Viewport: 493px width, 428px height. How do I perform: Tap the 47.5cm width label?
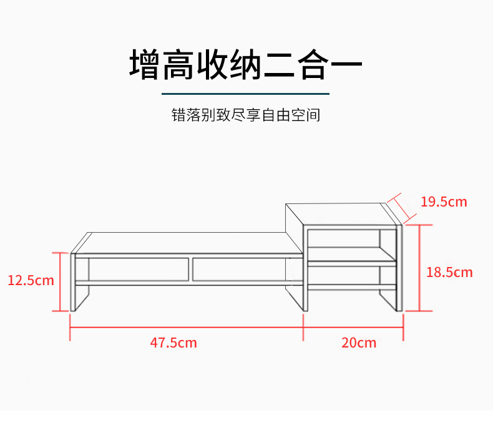pyautogui.click(x=173, y=343)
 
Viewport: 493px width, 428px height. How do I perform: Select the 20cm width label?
pyautogui.click(x=359, y=343)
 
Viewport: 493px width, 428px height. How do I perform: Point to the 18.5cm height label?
pyautogui.click(x=449, y=272)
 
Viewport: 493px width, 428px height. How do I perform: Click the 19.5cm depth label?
pyautogui.click(x=444, y=202)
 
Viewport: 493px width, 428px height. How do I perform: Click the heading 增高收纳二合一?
pyautogui.click(x=246, y=65)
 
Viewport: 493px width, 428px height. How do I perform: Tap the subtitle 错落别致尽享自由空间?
pyautogui.click(x=246, y=115)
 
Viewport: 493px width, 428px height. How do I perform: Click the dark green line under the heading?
pyautogui.click(x=246, y=94)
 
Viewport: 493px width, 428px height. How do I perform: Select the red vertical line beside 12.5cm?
pyautogui.click(x=61, y=281)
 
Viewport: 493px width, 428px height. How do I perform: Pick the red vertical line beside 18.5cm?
pyautogui.click(x=419, y=268)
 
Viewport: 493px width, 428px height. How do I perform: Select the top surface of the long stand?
pyautogui.click(x=187, y=243)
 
